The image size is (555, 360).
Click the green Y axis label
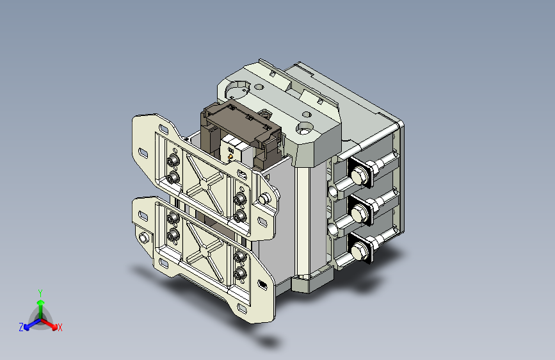pos(40,293)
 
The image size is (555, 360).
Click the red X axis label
pos(60,327)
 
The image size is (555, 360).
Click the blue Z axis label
pos(21,327)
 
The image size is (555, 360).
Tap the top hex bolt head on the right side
pos(359,175)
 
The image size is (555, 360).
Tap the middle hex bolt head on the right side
pos(359,214)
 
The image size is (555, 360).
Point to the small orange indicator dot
pos(230,156)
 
